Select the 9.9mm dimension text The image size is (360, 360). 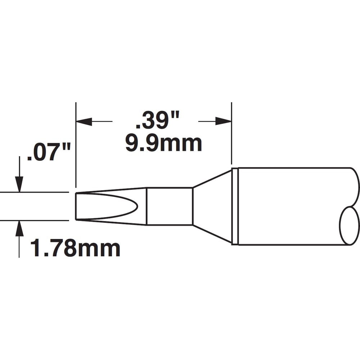pyautogui.click(x=163, y=144)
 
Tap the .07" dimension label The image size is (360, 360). pyautogui.click(x=49, y=152)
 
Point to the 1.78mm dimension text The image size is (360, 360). pyautogui.click(x=75, y=248)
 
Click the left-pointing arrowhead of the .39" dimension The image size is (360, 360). pyautogui.click(x=84, y=121)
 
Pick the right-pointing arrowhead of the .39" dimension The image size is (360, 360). pyautogui.click(x=223, y=121)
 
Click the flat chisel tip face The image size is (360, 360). pyautogui.click(x=76, y=206)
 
